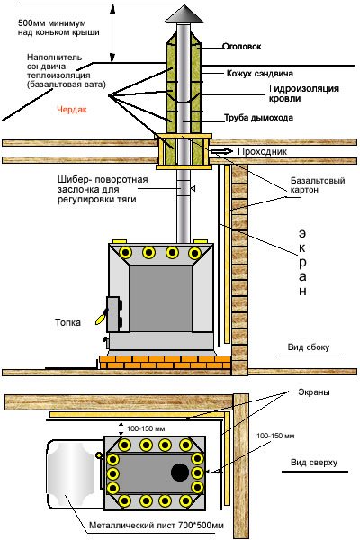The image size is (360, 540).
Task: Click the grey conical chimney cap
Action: pyautogui.click(x=183, y=14)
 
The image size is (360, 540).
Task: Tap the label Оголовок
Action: pyautogui.click(x=241, y=46)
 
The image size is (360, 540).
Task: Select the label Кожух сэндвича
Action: pyautogui.click(x=260, y=74)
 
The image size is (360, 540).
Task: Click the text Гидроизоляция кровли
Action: pyautogui.click(x=304, y=94)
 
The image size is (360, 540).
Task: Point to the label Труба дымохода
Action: pyautogui.click(x=258, y=118)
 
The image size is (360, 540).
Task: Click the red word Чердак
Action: pyautogui.click(x=72, y=110)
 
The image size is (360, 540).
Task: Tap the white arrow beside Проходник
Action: pyautogui.click(x=221, y=151)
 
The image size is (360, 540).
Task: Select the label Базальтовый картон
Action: pyautogui.click(x=318, y=184)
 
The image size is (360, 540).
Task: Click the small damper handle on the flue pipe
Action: pyautogui.click(x=193, y=188)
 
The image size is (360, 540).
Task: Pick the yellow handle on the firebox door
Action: pyautogui.click(x=101, y=318)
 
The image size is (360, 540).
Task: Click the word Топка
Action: pyautogui.click(x=67, y=322)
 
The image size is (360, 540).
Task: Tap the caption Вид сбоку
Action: pyautogui.click(x=309, y=347)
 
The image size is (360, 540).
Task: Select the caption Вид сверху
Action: pyautogui.click(x=314, y=463)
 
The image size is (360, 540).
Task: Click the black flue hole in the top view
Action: pyautogui.click(x=180, y=472)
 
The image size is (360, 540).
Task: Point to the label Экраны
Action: pyautogui.click(x=314, y=391)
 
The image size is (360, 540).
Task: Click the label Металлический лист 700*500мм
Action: pyautogui.click(x=157, y=526)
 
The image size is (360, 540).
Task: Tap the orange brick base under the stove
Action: pyautogui.click(x=166, y=363)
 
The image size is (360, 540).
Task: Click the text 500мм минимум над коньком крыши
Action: pyautogui.click(x=58, y=28)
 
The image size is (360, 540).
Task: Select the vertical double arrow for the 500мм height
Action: pyautogui.click(x=112, y=33)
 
